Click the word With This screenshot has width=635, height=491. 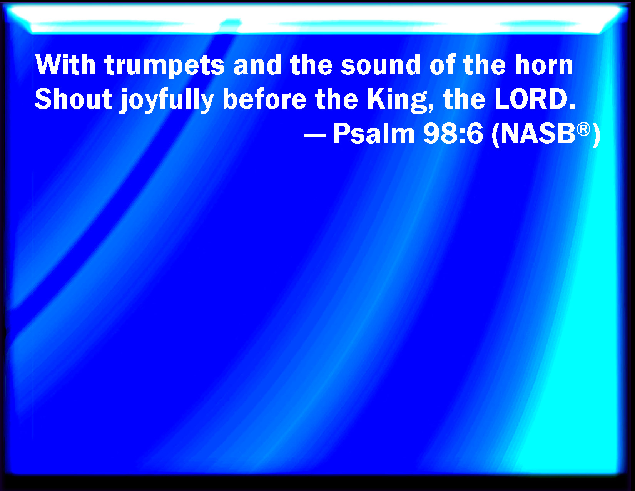click(65, 65)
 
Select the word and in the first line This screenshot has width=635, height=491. click(257, 65)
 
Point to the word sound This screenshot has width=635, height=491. click(381, 65)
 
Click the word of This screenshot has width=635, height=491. click(443, 65)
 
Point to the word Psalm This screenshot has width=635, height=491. click(374, 134)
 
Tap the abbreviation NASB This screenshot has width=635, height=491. click(538, 134)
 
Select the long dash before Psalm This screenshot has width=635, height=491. click(314, 136)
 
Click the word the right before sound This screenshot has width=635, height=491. click(311, 65)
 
